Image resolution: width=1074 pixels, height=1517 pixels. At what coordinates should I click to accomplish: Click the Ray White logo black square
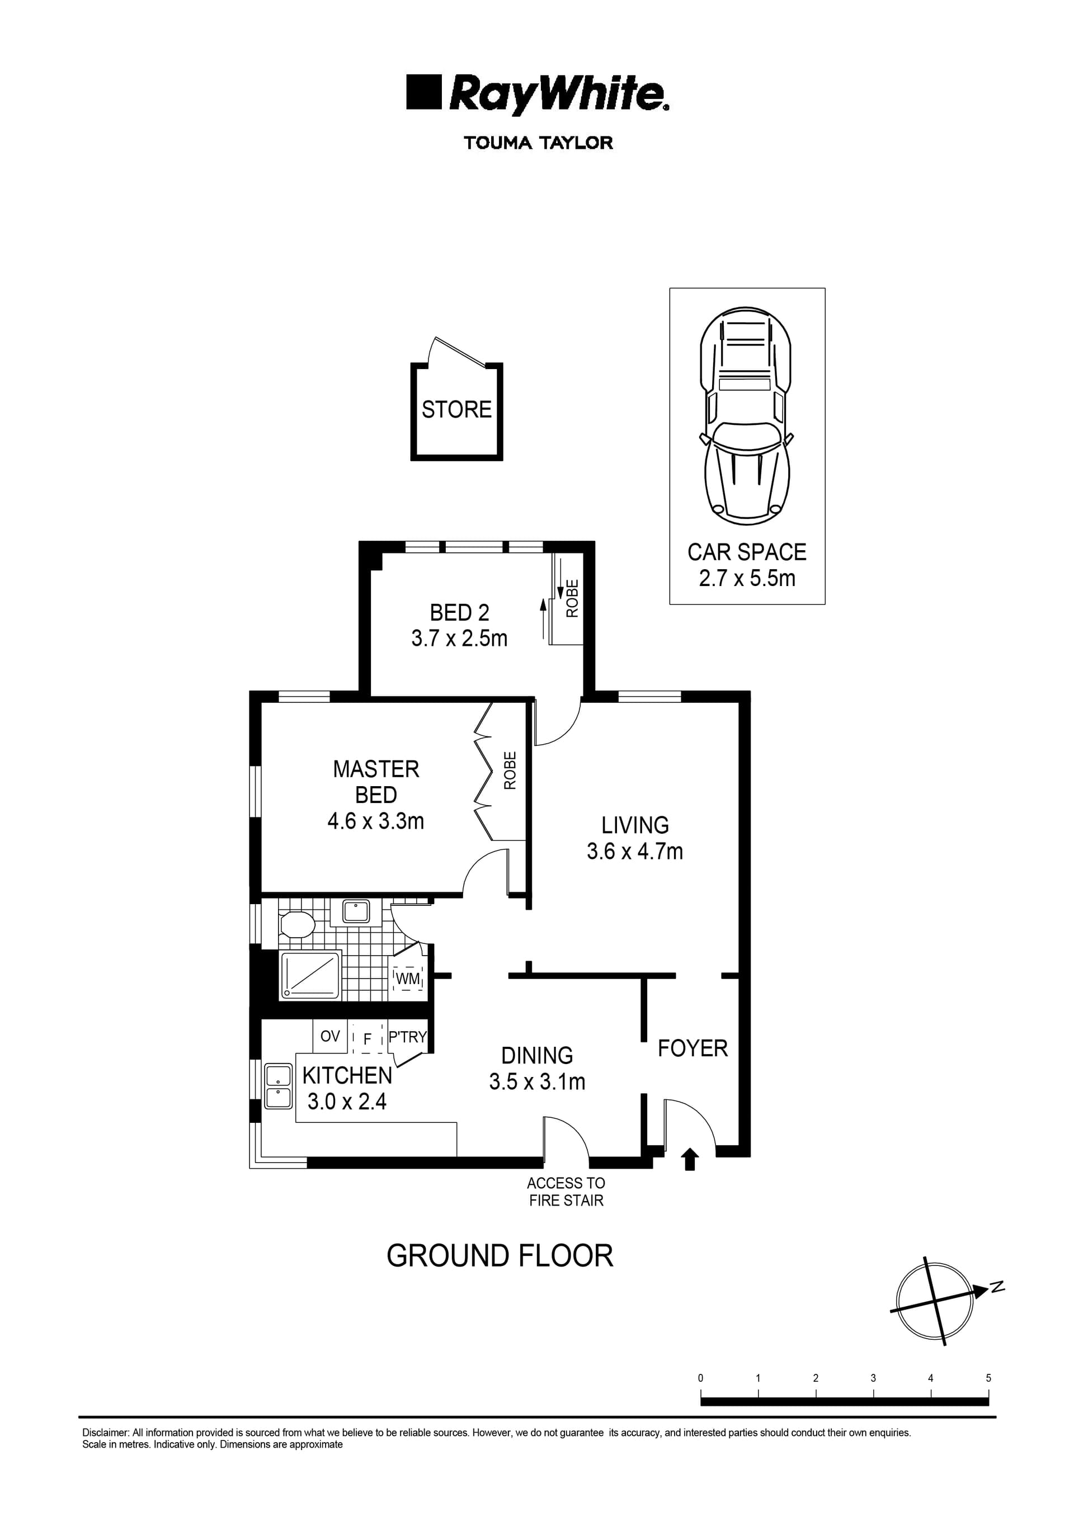423,92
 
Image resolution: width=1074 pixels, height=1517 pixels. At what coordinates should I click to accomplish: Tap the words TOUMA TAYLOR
538,143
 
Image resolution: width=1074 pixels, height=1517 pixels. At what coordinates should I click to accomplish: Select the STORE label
456,410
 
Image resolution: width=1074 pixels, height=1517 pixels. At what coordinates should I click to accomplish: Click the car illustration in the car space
746,414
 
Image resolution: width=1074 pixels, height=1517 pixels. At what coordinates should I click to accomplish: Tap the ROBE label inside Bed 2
573,598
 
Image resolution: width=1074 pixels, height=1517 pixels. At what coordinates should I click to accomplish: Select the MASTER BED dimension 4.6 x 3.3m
376,821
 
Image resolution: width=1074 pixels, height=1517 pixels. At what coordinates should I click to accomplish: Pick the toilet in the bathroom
297,925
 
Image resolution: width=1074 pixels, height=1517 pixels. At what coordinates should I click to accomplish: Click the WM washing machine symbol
408,979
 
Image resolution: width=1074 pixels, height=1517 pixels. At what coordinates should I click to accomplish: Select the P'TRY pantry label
407,1037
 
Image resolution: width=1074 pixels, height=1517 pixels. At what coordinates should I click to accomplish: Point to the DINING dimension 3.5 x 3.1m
537,1081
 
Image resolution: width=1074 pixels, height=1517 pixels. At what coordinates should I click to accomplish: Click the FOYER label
693,1048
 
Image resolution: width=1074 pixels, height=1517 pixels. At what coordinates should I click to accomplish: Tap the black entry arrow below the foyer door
690,1159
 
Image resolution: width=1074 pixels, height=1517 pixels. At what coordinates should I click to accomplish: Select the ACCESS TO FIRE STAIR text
566,1192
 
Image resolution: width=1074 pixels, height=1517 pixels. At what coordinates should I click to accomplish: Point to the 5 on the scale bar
988,1379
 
